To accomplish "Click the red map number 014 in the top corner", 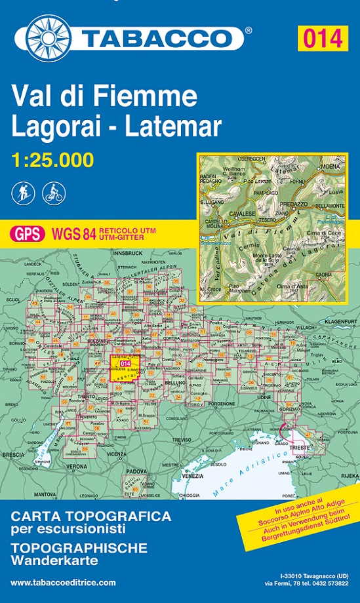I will (323, 38).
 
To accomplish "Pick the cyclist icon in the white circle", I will (52, 193).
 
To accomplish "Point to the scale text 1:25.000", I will (52, 159).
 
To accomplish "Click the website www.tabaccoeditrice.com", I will (63, 582).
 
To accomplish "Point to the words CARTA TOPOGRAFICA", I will (91, 516).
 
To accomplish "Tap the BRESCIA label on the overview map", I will (12, 454).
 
